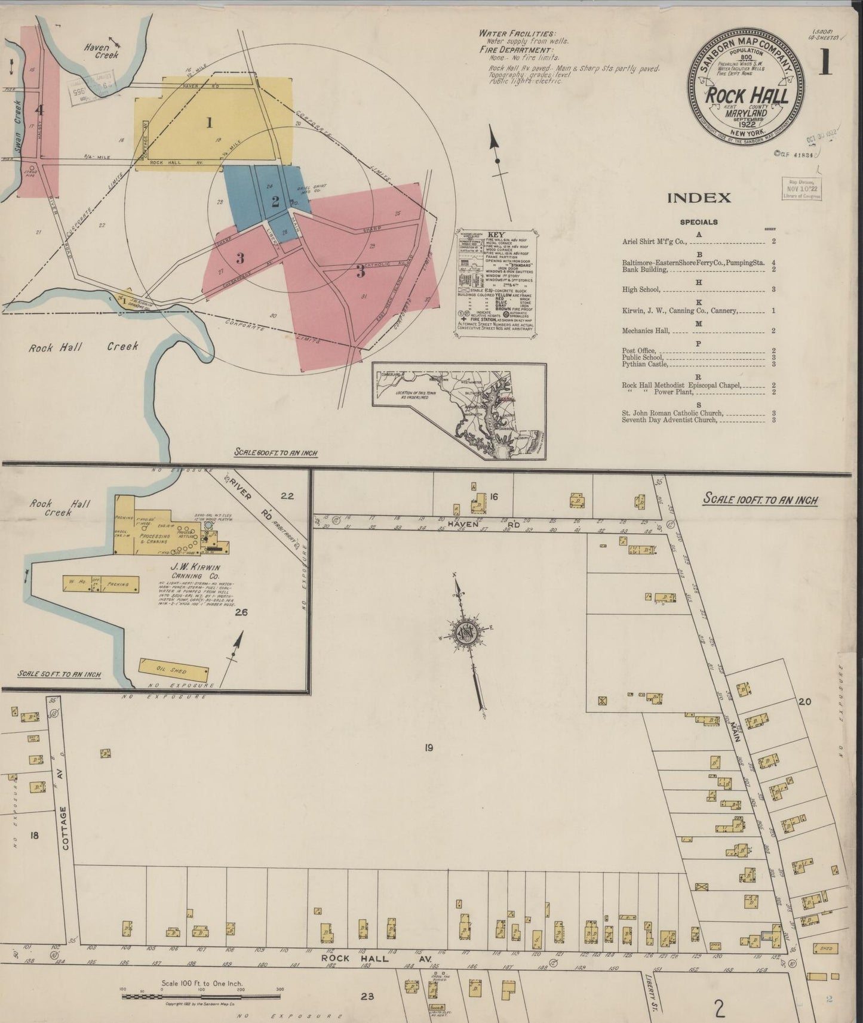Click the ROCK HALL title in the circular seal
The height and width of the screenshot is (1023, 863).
747,96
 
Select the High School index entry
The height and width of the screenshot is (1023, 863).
642,290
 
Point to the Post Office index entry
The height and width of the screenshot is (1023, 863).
639,350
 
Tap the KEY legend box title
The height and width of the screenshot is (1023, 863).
496,235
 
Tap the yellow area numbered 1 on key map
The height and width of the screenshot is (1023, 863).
209,123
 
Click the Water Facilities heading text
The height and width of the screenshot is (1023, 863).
517,33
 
